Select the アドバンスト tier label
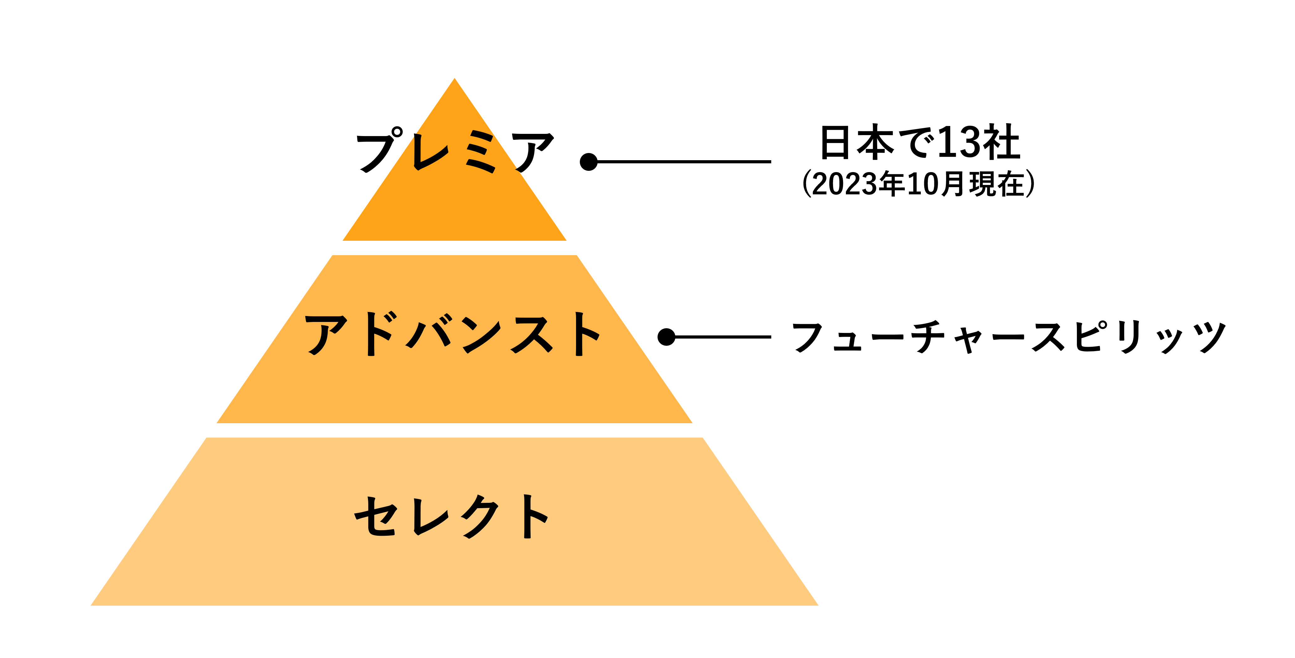click(x=453, y=334)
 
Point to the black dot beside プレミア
click(x=589, y=162)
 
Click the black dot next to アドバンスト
click(x=667, y=337)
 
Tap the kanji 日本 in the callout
click(x=857, y=142)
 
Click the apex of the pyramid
click(x=454, y=78)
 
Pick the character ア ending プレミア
click(x=532, y=152)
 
